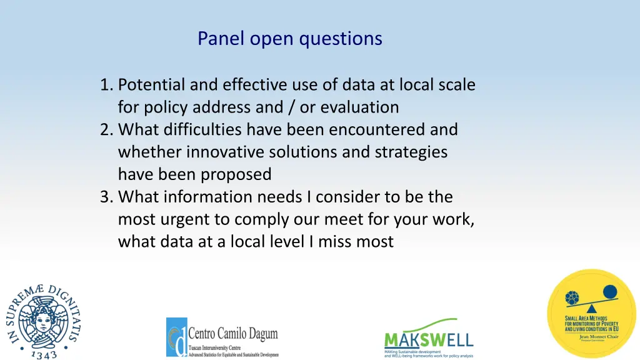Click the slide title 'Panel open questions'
[289, 39]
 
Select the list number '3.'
[107, 197]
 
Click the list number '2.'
[107, 129]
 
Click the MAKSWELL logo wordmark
[428, 341]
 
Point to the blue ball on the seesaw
[609, 290]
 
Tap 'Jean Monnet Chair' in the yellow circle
[591, 336]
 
